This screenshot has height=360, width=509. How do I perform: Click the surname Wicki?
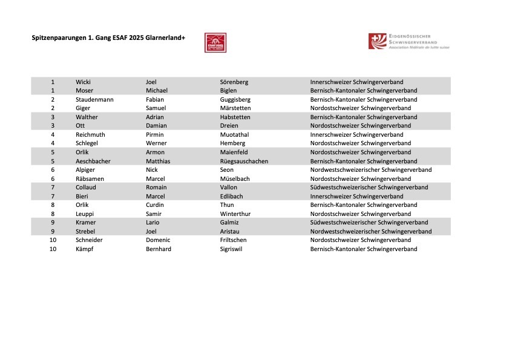83,82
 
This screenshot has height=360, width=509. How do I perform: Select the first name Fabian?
155,99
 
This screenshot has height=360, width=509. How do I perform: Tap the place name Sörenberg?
234,82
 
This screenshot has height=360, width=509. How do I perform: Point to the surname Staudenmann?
94,99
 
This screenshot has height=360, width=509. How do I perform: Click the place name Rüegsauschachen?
244,161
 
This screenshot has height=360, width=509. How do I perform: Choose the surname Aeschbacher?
93,161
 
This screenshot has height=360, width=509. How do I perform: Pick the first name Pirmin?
155,134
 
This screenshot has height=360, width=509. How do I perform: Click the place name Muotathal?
234,134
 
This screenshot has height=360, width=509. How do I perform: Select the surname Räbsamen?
90,178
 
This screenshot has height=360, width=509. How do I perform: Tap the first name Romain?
156,188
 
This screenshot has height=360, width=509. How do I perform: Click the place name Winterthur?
235,214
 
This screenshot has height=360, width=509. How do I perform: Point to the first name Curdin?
155,205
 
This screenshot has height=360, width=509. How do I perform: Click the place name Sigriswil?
231,249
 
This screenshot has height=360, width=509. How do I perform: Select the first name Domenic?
158,240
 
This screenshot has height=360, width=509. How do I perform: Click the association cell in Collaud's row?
369,188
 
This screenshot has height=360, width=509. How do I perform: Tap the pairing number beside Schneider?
53,240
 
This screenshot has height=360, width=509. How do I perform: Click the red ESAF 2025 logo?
215,42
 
